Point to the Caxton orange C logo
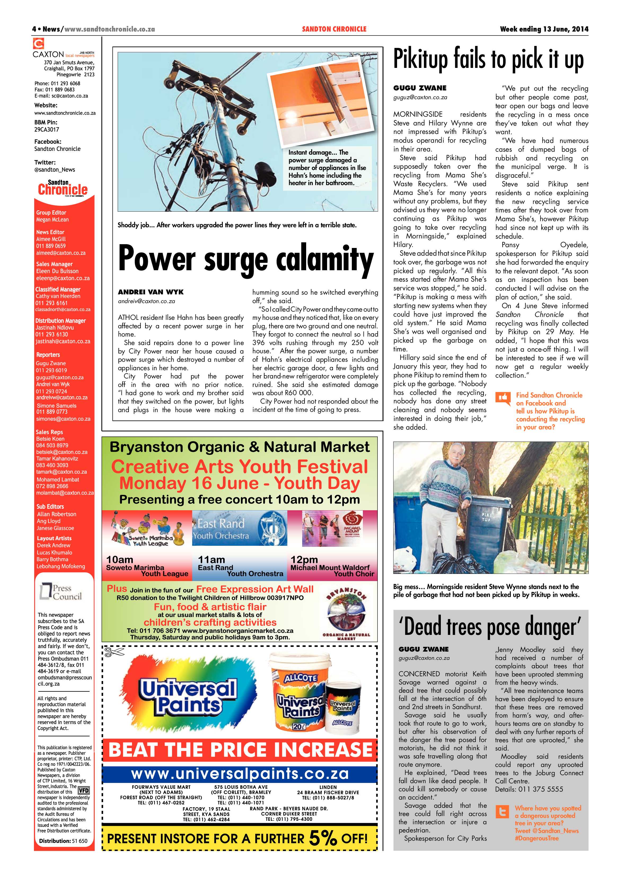[x=38, y=43]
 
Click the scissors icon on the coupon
[x=114, y=652]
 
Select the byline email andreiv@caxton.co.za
[x=146, y=301]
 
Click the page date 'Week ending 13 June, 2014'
[x=544, y=29]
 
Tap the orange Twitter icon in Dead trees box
[x=502, y=812]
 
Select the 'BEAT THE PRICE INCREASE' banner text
[x=240, y=749]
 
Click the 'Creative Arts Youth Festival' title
[x=239, y=467]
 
